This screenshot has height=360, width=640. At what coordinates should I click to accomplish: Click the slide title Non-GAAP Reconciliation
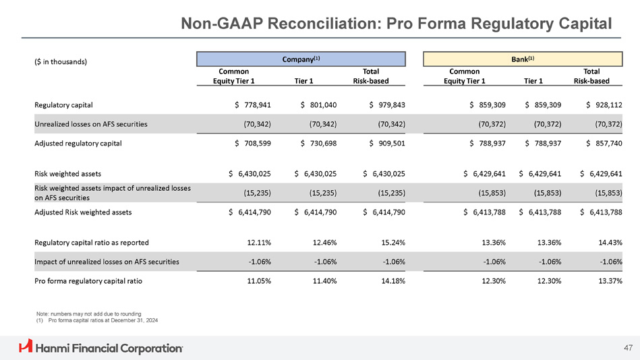pyautogui.click(x=397, y=23)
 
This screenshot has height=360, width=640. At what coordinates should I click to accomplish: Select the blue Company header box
pyautogui.click(x=301, y=59)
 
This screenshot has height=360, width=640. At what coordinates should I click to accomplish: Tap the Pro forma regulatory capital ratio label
pyautogui.click(x=88, y=280)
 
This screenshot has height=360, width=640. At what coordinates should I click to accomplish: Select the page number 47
pyautogui.click(x=628, y=348)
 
